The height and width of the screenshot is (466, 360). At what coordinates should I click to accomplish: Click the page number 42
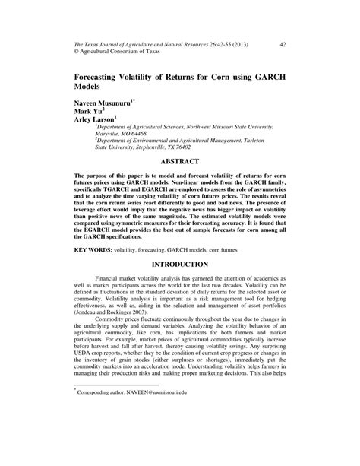(283, 43)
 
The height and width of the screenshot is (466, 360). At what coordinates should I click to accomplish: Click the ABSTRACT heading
(179, 161)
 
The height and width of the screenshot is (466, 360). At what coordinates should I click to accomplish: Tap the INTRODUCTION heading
(180, 264)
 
